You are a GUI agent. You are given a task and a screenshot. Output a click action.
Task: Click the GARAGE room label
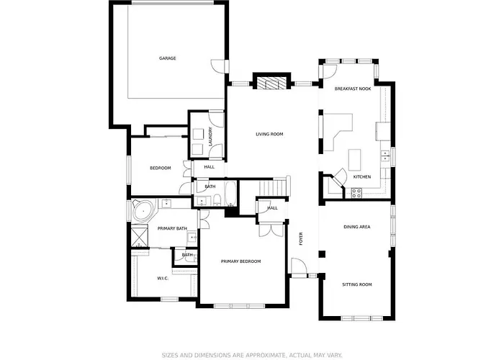tap(168, 58)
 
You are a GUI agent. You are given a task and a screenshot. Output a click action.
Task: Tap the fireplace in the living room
tap(271, 83)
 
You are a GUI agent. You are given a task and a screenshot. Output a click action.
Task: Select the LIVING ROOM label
tap(269, 134)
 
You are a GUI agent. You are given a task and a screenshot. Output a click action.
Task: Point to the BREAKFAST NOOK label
tap(353, 89)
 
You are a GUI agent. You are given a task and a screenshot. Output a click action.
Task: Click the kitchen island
tap(354, 160)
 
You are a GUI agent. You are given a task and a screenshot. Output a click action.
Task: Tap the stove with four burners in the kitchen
tap(356, 193)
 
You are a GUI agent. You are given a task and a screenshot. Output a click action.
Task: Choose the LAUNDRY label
tap(210, 137)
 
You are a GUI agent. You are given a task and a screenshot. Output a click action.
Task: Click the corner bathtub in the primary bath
tap(144, 211)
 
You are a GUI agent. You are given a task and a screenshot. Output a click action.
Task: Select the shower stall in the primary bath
tap(140, 235)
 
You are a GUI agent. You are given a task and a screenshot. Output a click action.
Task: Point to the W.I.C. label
tap(163, 278)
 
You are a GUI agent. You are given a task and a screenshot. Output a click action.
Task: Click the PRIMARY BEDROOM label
tap(240, 261)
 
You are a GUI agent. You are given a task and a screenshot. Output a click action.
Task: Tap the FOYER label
tap(301, 239)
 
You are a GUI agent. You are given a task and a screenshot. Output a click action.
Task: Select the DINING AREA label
tap(357, 227)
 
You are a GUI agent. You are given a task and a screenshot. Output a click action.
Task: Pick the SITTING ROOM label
tap(357, 284)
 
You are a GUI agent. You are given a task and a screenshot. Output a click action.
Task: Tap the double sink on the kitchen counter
tap(384, 156)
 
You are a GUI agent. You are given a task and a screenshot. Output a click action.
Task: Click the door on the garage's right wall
tap(219, 66)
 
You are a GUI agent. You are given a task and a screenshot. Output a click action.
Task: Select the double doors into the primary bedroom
tap(271, 230)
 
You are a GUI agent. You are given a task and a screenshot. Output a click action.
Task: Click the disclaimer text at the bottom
tap(252, 355)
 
